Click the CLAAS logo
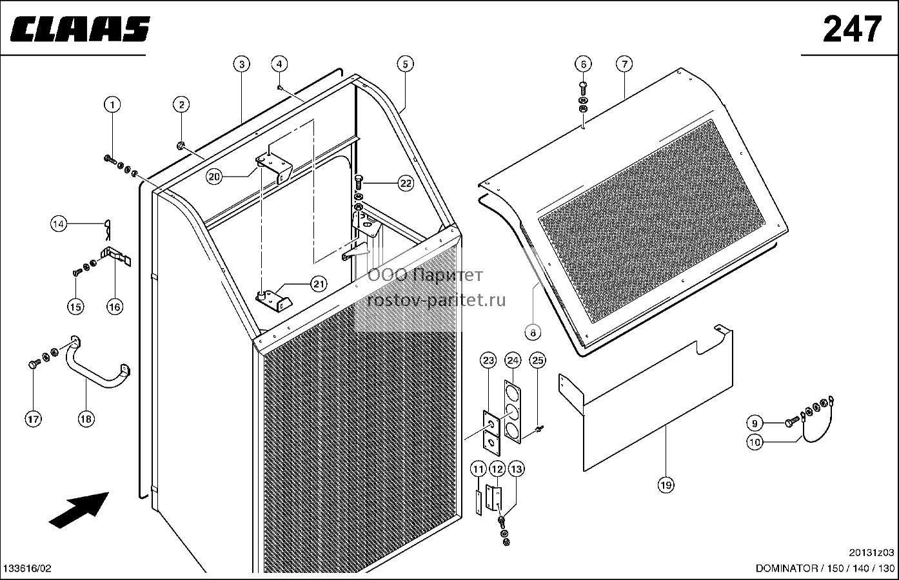80,29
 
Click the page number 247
852,29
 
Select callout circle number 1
112,104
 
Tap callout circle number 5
405,64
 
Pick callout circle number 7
624,64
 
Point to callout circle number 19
666,485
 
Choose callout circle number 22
406,183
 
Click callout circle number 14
59,224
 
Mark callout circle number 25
537,360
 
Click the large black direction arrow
79,510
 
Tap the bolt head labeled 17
33,365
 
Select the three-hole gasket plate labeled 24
513,412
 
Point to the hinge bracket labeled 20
273,168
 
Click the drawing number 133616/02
27,568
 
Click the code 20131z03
871,552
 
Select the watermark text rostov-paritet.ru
437,300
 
